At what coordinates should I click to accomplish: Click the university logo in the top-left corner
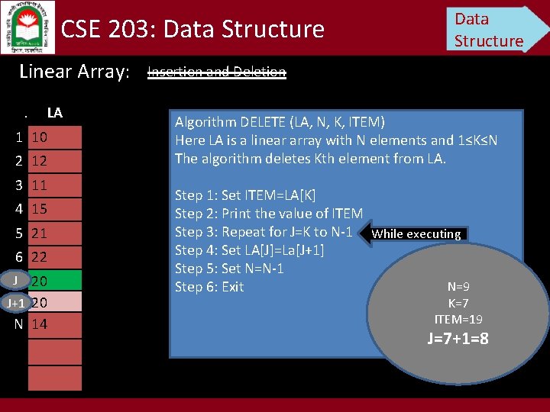(27, 26)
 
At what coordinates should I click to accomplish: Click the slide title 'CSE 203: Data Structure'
(192, 30)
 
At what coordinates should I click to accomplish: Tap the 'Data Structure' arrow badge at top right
(493, 29)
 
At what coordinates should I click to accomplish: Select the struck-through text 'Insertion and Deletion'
(216, 72)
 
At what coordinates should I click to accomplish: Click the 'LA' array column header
(54, 113)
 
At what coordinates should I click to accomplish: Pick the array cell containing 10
(54, 137)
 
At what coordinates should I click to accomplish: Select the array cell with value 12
(54, 161)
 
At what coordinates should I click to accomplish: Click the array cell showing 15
(54, 208)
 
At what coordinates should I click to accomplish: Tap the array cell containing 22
(54, 257)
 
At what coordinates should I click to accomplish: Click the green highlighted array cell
(54, 282)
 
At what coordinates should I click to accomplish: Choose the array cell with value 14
(54, 324)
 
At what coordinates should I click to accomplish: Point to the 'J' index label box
(15, 280)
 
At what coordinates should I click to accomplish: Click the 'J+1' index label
(15, 303)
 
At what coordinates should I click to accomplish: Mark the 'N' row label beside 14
(18, 324)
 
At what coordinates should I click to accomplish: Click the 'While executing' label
(416, 234)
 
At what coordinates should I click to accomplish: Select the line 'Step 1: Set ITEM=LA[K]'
(245, 195)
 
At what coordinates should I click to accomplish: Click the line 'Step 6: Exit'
(209, 287)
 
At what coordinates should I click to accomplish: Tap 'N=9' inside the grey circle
(458, 287)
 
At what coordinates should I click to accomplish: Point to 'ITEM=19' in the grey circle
(458, 319)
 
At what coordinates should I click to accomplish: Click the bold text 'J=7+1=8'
(458, 338)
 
